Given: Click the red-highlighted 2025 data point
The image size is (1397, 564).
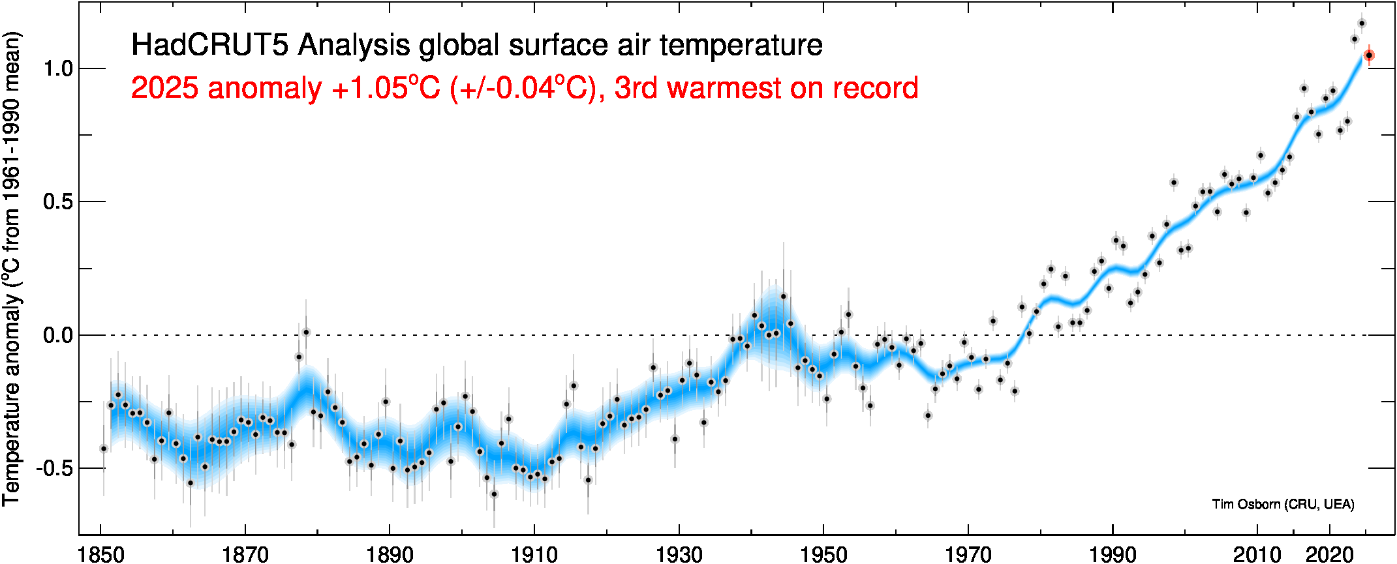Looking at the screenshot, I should [1369, 55].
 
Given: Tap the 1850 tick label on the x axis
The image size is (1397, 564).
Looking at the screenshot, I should [101, 554].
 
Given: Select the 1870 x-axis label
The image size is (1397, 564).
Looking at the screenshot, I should [245, 554].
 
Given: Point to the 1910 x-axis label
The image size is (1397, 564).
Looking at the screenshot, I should [534, 554].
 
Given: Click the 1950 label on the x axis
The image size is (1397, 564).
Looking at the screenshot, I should [823, 554].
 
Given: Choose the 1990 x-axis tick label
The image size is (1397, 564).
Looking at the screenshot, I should [1113, 554].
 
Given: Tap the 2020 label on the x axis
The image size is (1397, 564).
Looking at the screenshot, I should [1329, 554].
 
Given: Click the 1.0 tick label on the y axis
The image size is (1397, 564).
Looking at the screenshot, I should [57, 68].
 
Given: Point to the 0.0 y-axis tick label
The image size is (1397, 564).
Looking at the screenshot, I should [57, 335].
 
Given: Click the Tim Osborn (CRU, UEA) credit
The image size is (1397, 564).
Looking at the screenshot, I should [1283, 504].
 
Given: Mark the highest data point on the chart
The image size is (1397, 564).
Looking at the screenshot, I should [1361, 23].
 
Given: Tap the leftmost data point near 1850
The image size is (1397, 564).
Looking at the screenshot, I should [103, 449].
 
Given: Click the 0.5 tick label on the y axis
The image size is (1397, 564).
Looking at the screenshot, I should [57, 202].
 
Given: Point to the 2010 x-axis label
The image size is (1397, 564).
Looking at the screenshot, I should [1257, 554].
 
